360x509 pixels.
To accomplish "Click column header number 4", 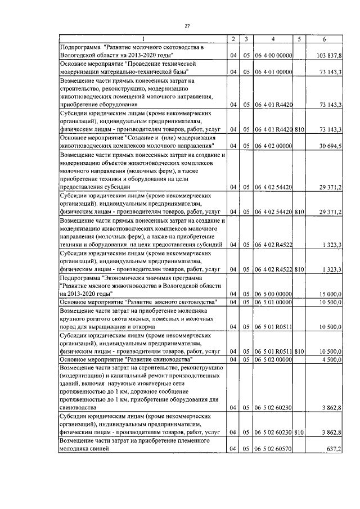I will (272, 39).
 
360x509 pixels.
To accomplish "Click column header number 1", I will (143, 39).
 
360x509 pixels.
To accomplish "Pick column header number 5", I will (299, 39).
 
